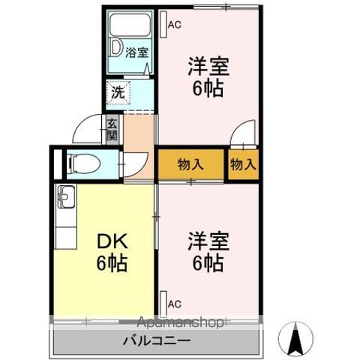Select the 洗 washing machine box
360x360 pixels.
click(118, 94)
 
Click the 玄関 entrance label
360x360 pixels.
click(112, 130)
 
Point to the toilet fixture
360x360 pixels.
click(83, 162)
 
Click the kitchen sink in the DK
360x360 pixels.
click(64, 199)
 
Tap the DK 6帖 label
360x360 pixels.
click(111, 253)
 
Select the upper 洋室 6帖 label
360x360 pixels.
click(207, 76)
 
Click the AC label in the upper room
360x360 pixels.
click(174, 25)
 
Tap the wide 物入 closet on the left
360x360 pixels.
click(190, 163)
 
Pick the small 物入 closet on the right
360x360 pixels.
click(242, 163)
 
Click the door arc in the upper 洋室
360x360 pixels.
click(242, 137)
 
